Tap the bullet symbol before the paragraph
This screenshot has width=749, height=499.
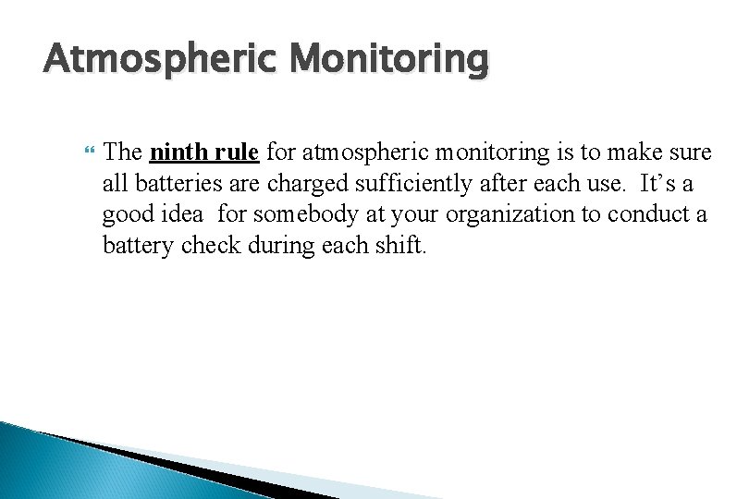coord(89,150)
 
